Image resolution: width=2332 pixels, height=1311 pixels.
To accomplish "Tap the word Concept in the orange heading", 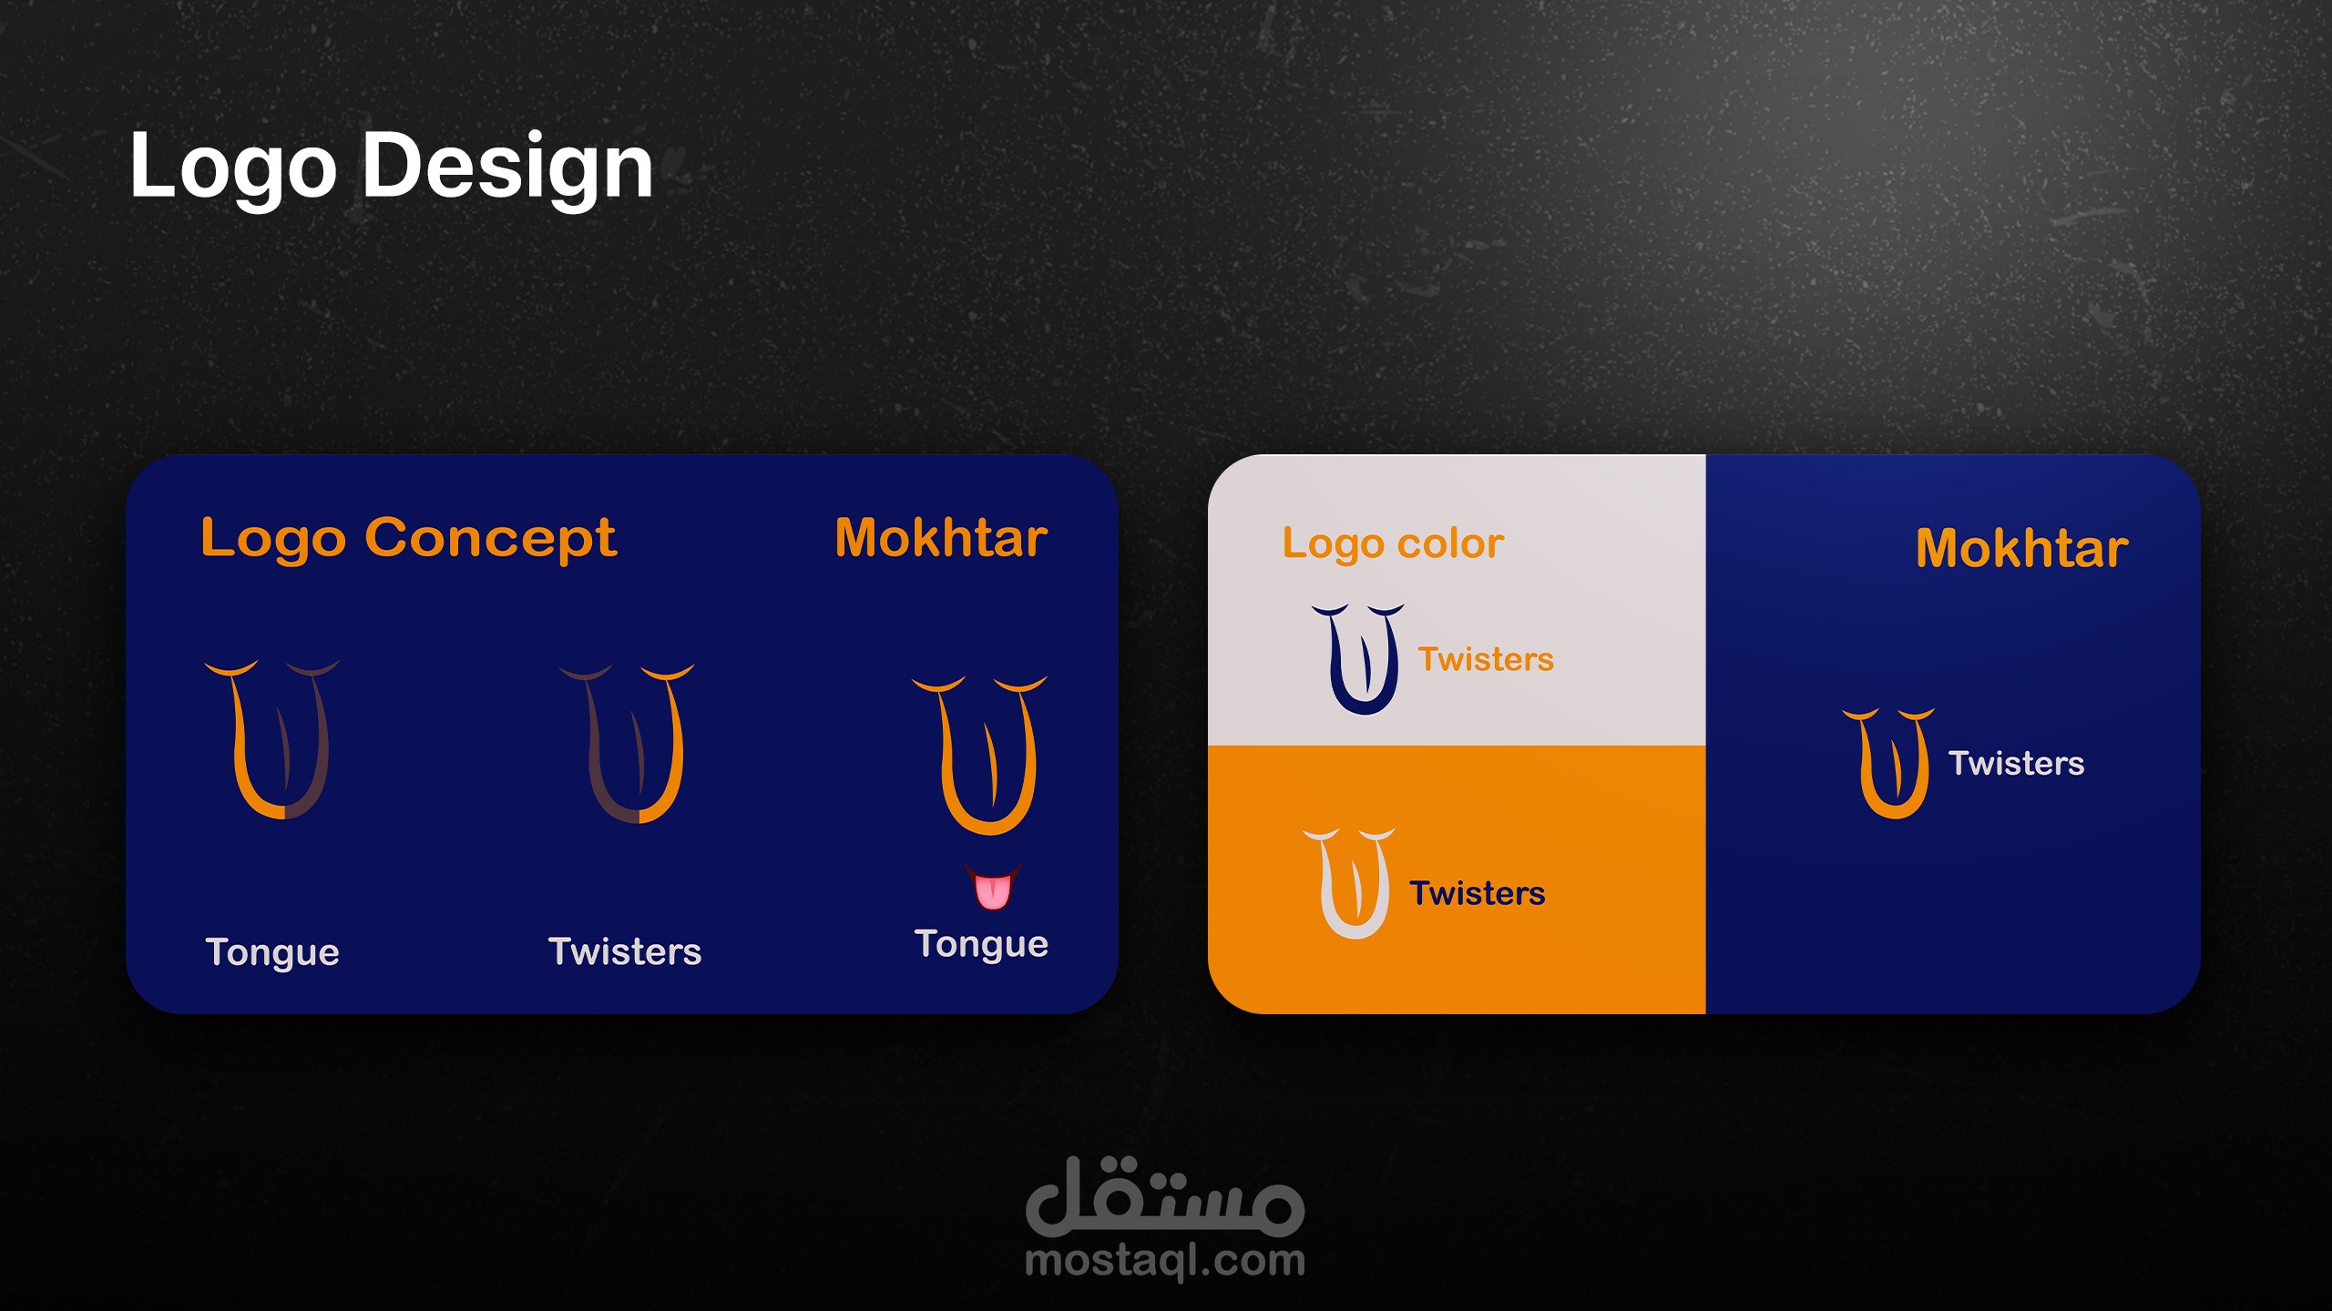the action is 490,539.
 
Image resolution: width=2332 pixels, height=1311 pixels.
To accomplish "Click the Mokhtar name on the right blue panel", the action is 2021,548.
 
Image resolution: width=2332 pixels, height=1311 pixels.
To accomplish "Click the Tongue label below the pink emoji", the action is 981,945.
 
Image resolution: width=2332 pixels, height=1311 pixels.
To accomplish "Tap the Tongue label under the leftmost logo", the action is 272,953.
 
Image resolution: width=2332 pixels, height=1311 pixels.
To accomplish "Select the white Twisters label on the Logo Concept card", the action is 625,951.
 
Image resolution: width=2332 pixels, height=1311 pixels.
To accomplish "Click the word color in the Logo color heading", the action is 1450,544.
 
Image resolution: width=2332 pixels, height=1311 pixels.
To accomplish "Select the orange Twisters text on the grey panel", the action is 1486,659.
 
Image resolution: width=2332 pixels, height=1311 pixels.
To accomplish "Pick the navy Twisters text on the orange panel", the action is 1477,893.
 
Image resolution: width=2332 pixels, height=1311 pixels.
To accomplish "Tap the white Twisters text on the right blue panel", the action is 2016,763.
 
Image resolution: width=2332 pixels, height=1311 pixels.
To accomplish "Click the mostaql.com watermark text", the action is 1165,1262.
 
